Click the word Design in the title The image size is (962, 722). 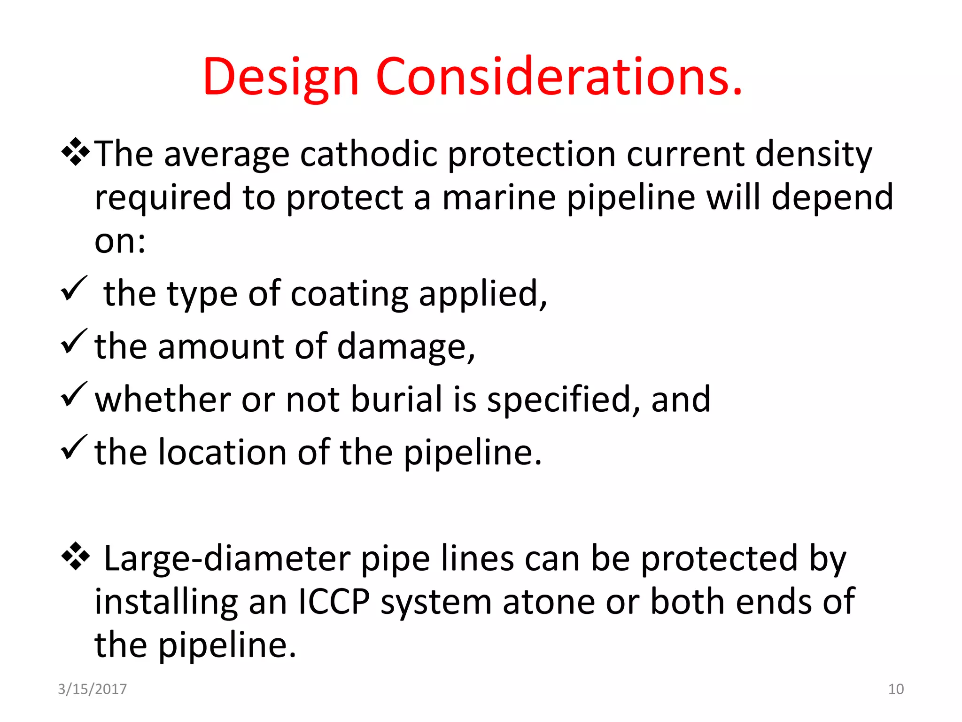[280, 78]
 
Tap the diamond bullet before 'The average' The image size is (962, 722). [75, 152]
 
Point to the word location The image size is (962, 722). [222, 452]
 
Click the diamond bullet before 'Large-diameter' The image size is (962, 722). [75, 556]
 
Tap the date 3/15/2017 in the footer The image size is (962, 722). [92, 689]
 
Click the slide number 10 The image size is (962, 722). [896, 689]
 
